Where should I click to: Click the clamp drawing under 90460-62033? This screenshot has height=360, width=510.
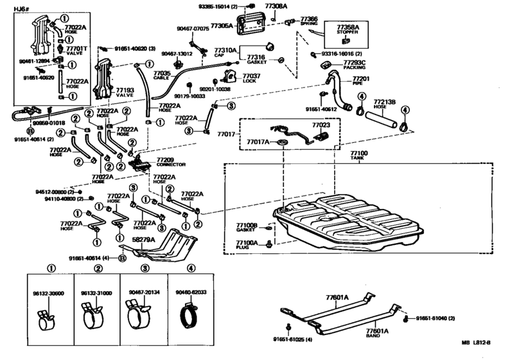point(191,317)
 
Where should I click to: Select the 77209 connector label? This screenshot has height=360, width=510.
point(165,160)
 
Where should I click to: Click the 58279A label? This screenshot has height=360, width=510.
point(143,239)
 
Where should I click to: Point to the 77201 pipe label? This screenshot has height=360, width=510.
point(362,80)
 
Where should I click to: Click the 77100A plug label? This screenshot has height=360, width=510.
point(245,244)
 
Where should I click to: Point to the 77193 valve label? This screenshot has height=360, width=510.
point(125,92)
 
